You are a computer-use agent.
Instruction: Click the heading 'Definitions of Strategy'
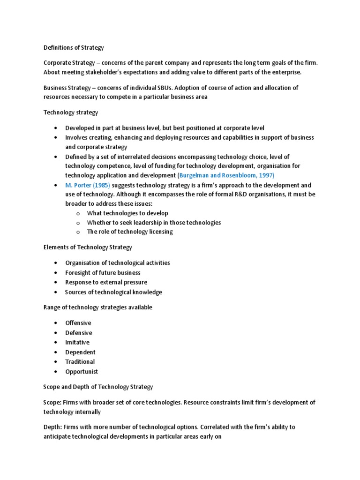(74, 47)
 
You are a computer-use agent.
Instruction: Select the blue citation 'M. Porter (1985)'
(87, 185)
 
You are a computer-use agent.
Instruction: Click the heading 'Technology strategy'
(71, 112)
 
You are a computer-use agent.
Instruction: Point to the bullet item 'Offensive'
(78, 323)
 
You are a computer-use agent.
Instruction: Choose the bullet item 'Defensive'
(79, 333)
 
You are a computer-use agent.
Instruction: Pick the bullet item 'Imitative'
(77, 342)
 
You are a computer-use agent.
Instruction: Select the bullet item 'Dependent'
(80, 352)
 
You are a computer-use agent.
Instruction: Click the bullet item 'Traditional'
(80, 361)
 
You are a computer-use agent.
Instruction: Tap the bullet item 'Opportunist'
(82, 371)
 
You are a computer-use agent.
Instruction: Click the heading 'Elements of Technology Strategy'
(88, 247)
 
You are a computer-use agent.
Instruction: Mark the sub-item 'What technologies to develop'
(127, 213)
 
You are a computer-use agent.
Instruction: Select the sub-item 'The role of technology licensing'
(130, 232)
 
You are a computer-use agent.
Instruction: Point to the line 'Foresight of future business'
(103, 272)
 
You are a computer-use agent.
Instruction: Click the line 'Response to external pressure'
(106, 282)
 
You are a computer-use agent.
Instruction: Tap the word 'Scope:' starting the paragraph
(53, 403)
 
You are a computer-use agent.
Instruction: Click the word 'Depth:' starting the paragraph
(53, 427)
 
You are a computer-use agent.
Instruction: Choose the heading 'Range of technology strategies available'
(97, 307)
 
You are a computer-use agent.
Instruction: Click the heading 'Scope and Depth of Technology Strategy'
(98, 387)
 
